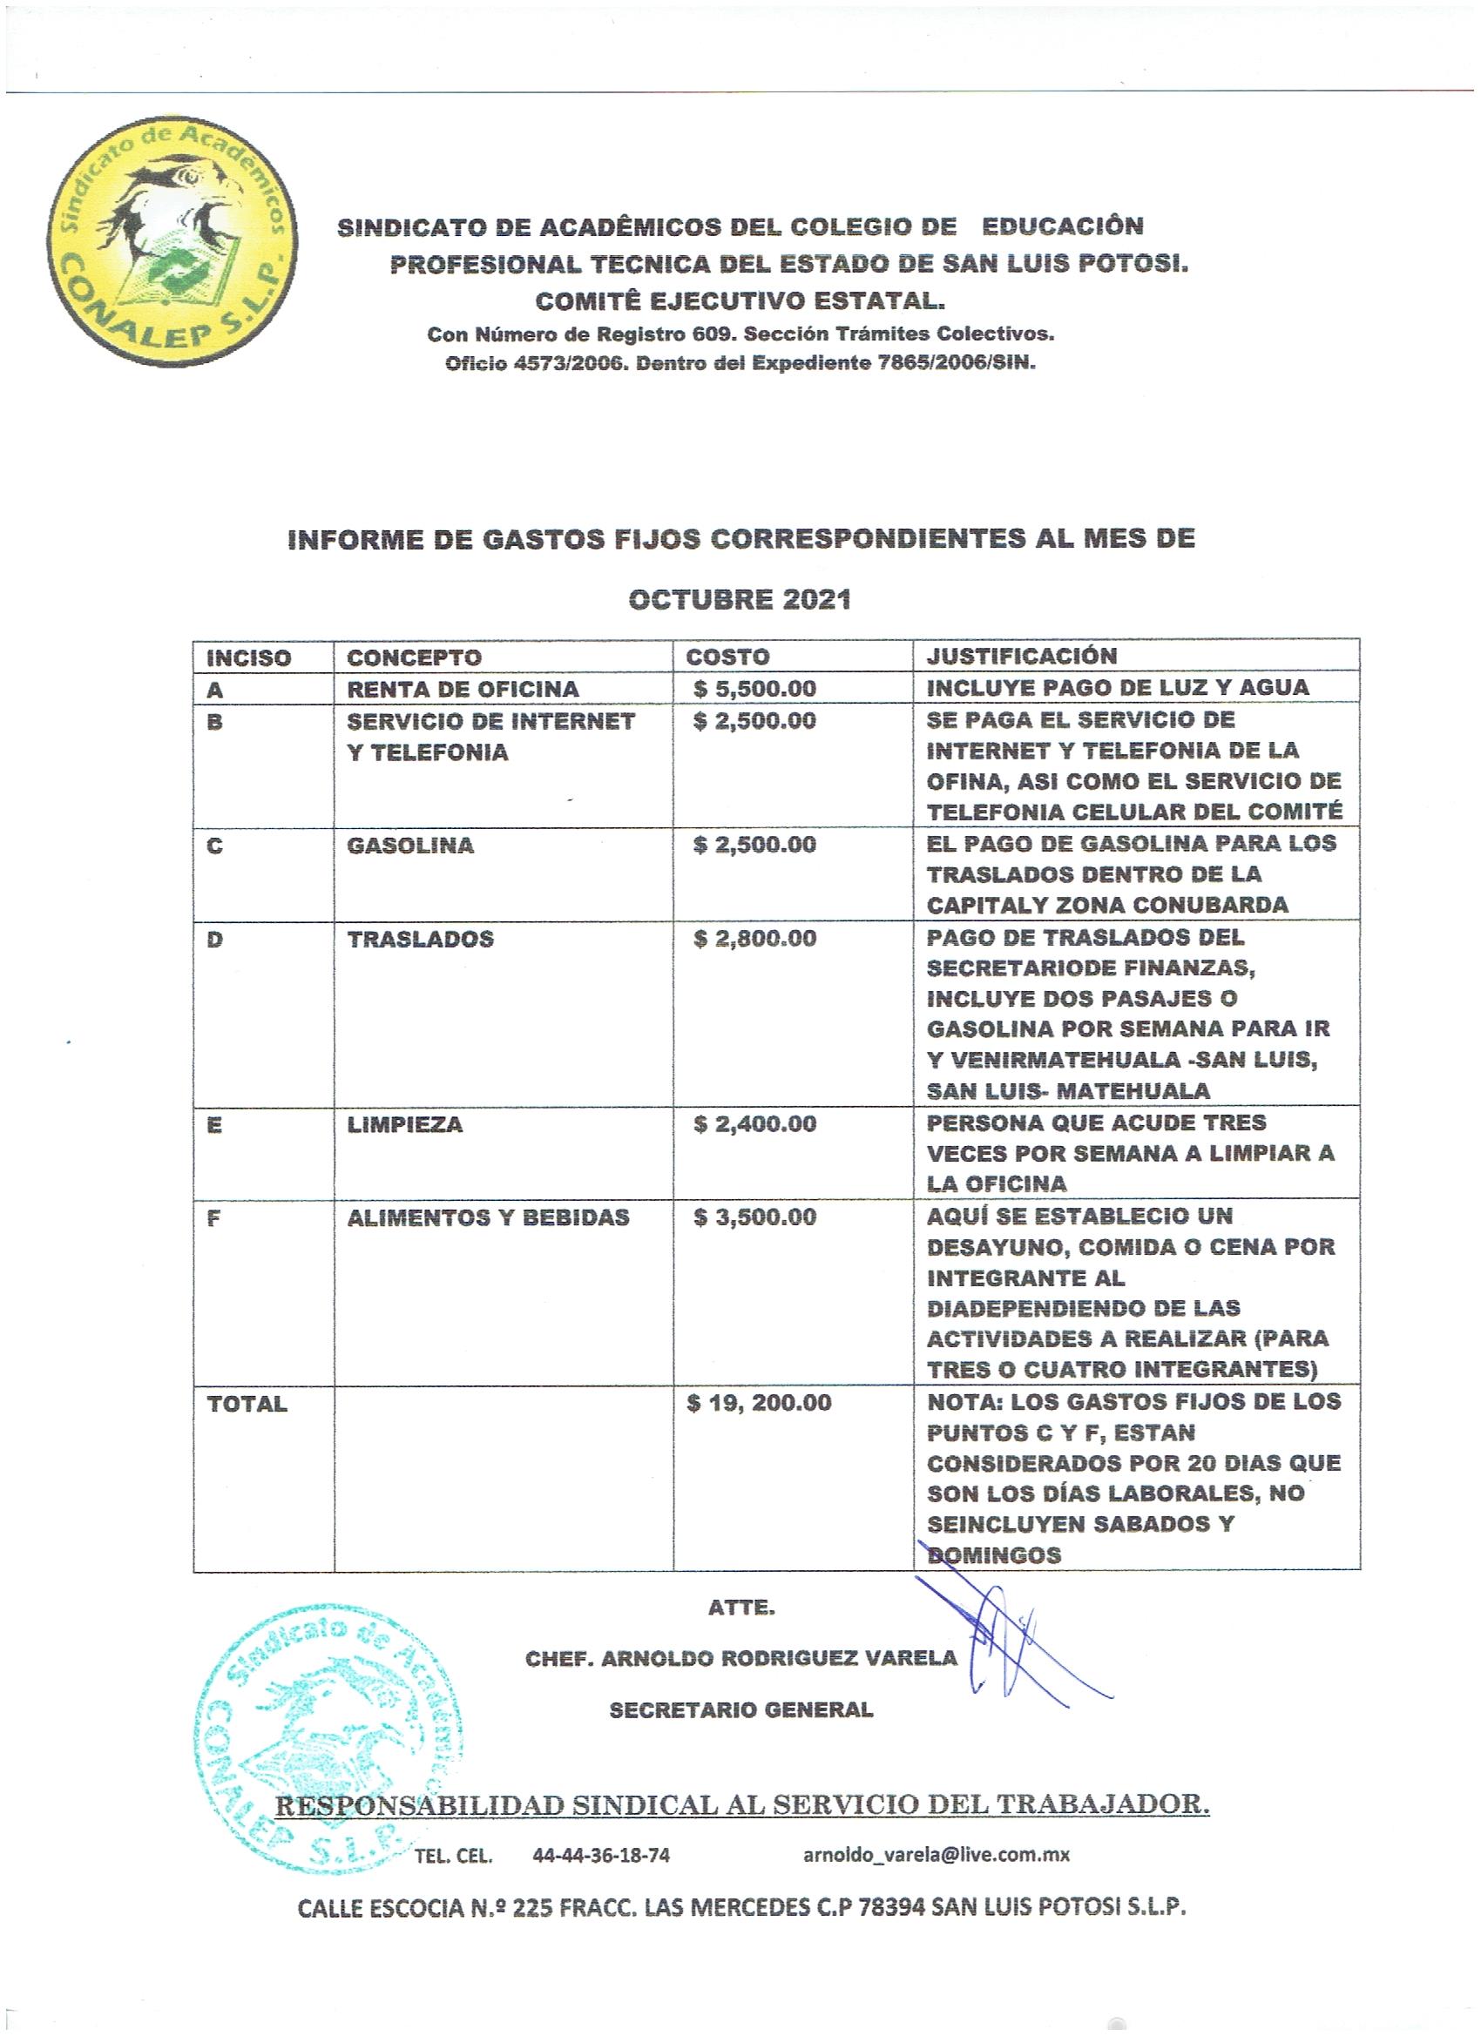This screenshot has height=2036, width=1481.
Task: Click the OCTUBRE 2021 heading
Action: click(739, 600)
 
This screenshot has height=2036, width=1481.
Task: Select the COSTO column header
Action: click(727, 657)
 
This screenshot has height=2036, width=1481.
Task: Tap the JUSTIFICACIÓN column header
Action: click(1021, 657)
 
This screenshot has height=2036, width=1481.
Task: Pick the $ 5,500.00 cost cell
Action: click(754, 690)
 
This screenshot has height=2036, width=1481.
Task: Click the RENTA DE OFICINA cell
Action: click(463, 690)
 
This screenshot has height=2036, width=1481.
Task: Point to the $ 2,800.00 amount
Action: click(754, 939)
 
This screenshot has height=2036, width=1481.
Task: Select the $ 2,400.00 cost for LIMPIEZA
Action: click(754, 1124)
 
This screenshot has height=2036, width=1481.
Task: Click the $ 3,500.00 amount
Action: click(754, 1217)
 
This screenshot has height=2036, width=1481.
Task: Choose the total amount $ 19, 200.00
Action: click(759, 1403)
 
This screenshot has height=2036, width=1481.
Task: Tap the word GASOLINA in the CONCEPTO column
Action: click(409, 846)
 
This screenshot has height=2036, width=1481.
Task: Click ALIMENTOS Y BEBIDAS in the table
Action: click(488, 1218)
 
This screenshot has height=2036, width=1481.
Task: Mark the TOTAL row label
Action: click(247, 1404)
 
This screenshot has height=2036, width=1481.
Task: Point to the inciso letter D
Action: click(214, 940)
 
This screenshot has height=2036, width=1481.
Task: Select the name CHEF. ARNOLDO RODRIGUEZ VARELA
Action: click(741, 1659)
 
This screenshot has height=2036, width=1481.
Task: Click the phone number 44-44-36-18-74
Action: click(601, 1856)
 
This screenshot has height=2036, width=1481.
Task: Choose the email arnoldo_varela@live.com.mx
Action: click(936, 1855)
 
